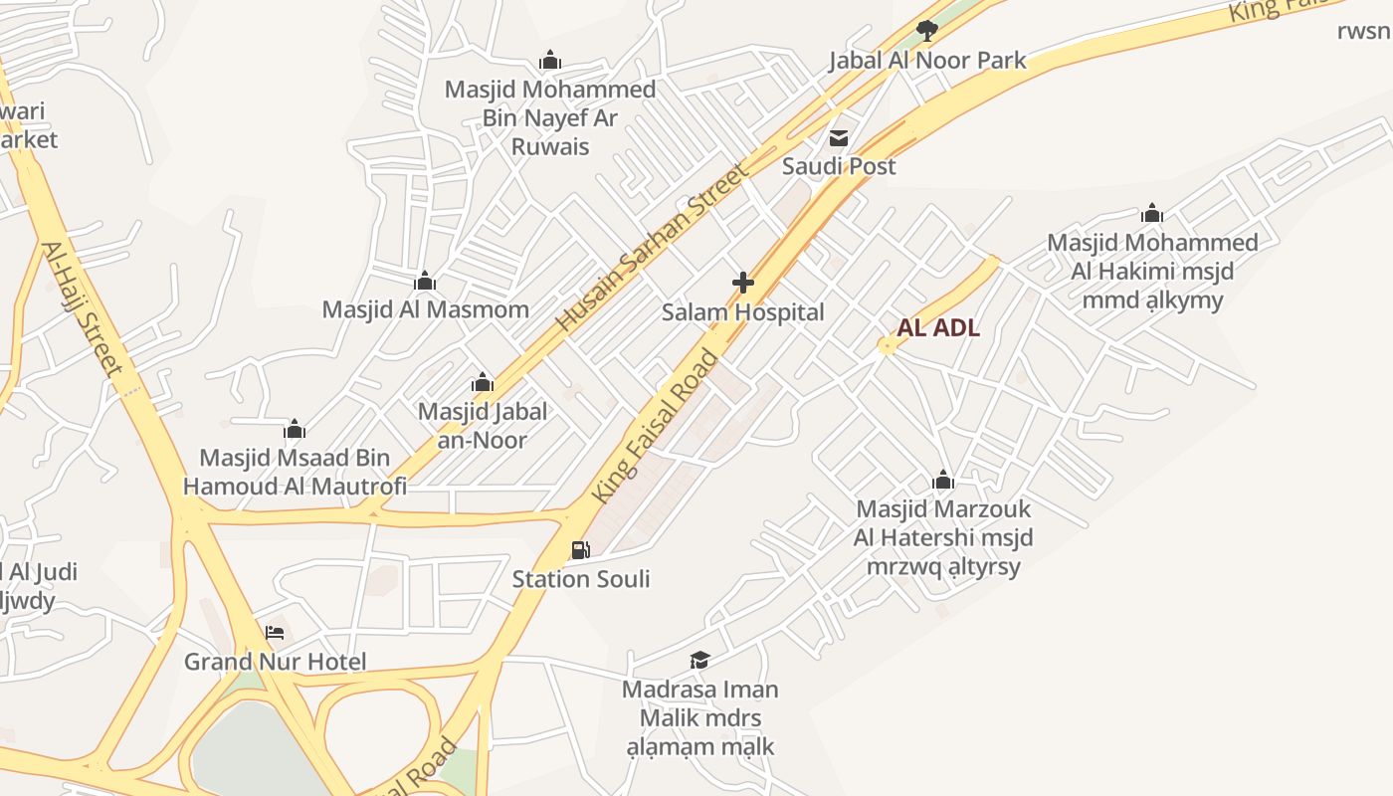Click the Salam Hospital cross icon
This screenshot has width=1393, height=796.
click(742, 283)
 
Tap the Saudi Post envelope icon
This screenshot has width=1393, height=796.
click(839, 137)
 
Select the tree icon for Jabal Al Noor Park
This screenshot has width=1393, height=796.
click(926, 30)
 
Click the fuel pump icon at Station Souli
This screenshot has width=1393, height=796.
click(580, 549)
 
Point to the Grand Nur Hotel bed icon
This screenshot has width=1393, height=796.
click(275, 632)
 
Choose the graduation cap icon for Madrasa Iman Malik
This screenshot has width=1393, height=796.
click(699, 660)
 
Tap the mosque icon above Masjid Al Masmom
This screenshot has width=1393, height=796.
click(425, 281)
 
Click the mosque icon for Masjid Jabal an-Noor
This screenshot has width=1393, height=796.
click(483, 382)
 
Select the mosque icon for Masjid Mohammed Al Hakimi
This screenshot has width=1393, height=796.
click(1152, 213)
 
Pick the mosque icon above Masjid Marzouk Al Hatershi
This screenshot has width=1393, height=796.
click(943, 481)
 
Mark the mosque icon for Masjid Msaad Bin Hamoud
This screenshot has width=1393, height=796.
click(295, 429)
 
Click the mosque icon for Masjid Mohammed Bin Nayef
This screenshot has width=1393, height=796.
click(549, 60)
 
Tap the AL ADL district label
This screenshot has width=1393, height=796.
click(938, 328)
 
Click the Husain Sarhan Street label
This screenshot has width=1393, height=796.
click(651, 247)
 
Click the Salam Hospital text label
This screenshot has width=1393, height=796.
click(743, 312)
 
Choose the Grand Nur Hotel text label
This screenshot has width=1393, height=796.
click(275, 662)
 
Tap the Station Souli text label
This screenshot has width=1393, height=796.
click(581, 579)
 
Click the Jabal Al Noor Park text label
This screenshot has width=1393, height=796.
click(927, 61)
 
